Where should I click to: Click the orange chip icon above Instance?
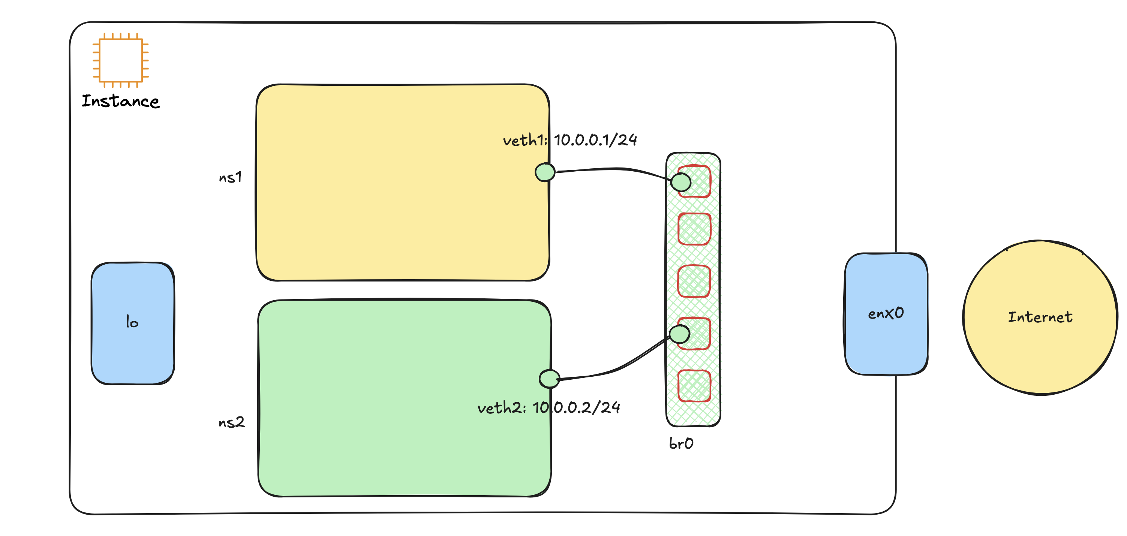coord(121,60)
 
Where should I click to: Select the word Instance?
coord(121,101)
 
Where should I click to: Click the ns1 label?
coord(230,177)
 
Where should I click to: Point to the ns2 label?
coord(231,422)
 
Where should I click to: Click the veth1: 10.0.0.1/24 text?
coord(569,140)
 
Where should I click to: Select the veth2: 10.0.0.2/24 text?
coord(549,407)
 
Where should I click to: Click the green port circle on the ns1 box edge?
coord(545,172)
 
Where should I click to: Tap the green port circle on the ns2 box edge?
coord(550,379)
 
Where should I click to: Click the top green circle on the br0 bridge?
coord(681,181)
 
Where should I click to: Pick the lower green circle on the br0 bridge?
coord(679,334)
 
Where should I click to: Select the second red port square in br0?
coord(694,229)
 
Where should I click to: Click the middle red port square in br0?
coord(694,281)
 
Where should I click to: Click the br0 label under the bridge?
coord(681,444)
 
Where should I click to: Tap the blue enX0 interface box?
coord(886,341)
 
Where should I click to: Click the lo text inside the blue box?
coord(132,322)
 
